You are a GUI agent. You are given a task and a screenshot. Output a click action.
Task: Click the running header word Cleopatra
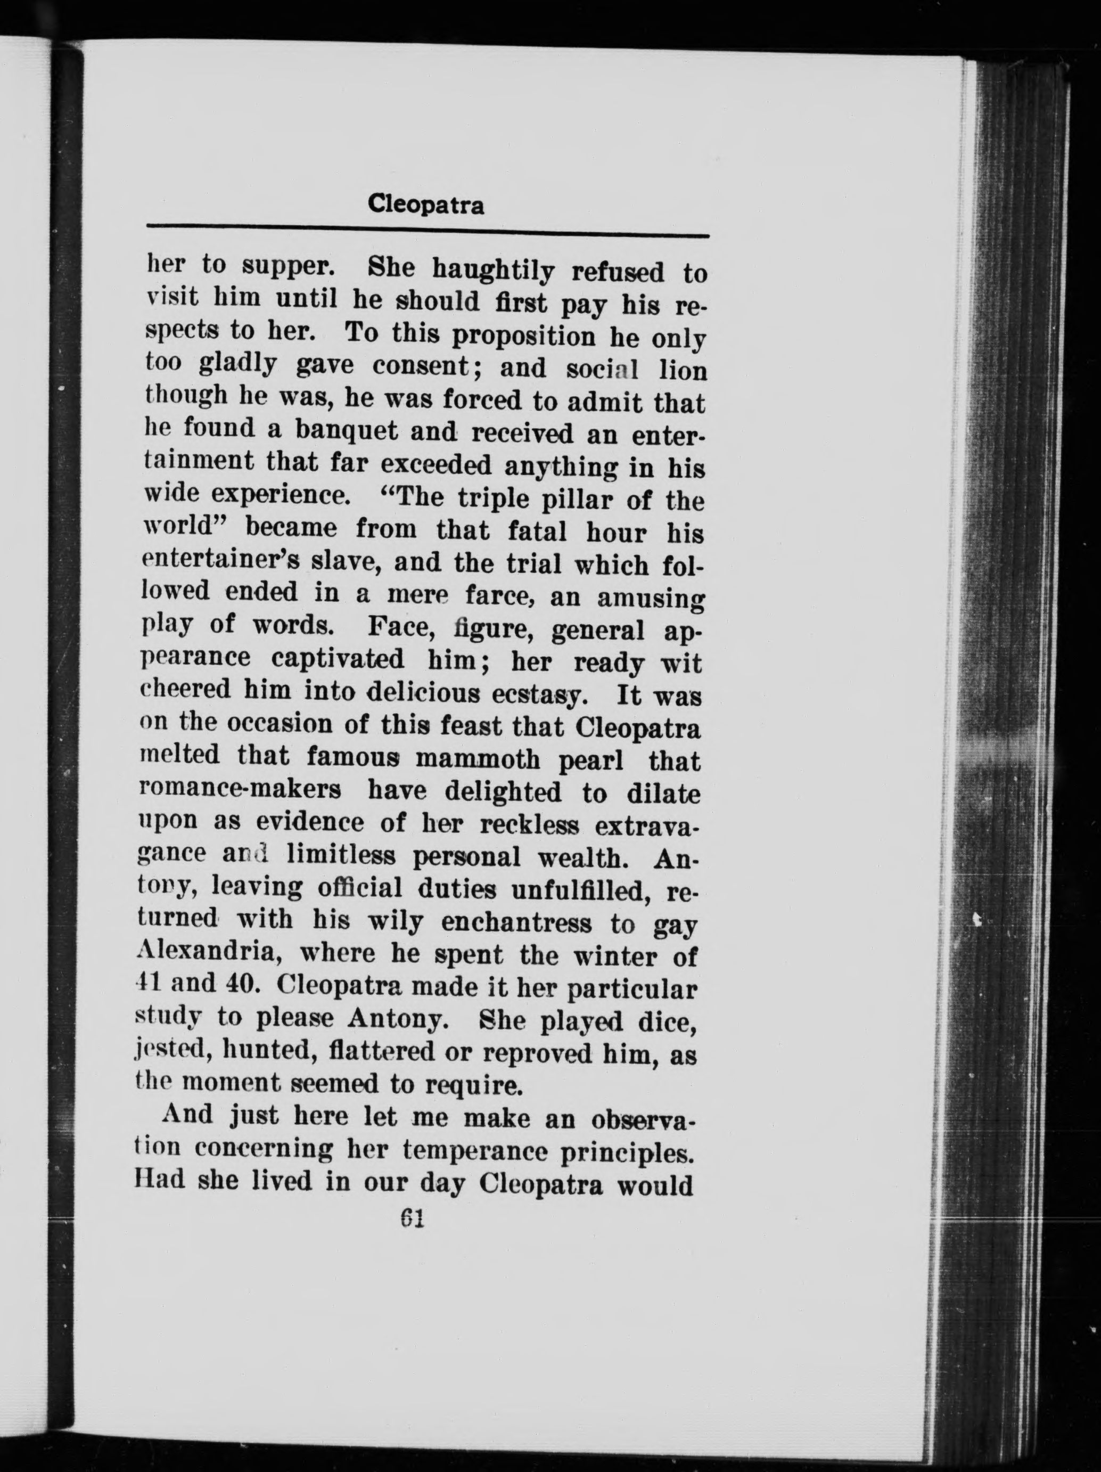tap(426, 205)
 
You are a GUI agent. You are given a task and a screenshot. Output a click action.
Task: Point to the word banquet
tap(346, 430)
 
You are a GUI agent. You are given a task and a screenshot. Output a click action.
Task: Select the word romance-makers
tap(241, 790)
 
